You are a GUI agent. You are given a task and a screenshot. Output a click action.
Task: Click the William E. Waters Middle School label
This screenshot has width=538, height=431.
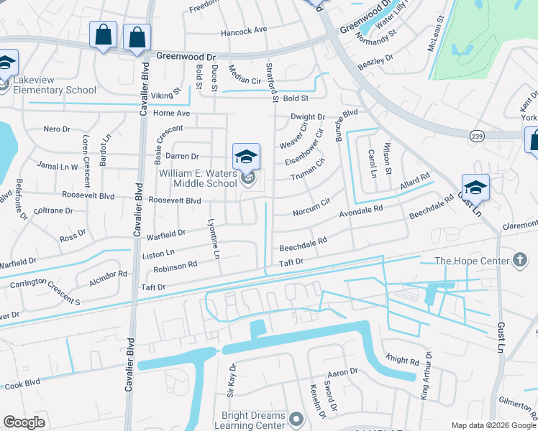(198, 178)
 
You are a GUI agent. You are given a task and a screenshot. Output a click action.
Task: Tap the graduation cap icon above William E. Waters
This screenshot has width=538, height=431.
(246, 156)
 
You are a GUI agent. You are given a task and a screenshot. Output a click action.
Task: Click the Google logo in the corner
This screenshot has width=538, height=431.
(24, 422)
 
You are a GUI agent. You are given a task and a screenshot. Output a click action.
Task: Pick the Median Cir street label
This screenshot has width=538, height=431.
(244, 80)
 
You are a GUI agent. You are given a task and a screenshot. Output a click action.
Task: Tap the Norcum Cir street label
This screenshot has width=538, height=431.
(311, 208)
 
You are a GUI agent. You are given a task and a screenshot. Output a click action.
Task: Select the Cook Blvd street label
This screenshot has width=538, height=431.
(23, 384)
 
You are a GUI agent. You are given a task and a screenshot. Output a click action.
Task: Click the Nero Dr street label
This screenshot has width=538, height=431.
(56, 129)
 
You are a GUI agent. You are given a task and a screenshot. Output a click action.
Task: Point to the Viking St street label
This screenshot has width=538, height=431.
(165, 95)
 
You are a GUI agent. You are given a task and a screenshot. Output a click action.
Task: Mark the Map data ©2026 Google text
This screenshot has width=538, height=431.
(493, 425)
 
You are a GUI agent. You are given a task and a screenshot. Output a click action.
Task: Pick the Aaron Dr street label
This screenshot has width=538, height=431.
(342, 372)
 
